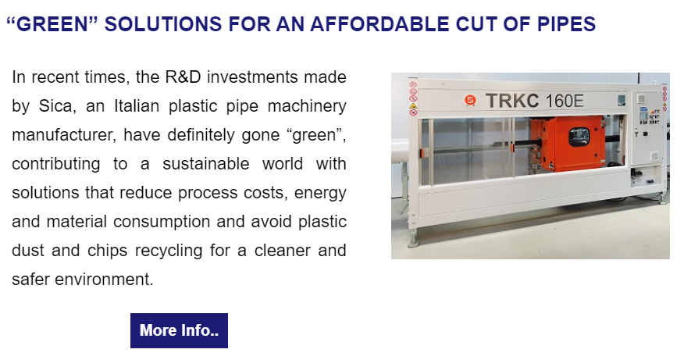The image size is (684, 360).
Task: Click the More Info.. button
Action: point(179,330)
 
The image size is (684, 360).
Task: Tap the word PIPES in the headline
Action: point(566,24)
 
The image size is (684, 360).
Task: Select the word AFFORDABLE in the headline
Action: point(379,24)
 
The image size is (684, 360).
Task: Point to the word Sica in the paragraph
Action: point(55,106)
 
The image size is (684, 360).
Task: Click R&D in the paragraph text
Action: point(183,77)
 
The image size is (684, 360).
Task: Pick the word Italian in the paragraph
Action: point(137,106)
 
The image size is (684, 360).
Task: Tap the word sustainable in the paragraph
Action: point(206,164)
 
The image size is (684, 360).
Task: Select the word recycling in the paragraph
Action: point(169,251)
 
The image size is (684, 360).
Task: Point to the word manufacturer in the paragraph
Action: point(64,135)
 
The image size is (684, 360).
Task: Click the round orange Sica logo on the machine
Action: point(470,101)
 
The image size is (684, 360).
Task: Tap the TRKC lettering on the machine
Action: point(512,101)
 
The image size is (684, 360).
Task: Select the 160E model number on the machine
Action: point(564,102)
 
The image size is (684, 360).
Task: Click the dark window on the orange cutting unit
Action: point(579,137)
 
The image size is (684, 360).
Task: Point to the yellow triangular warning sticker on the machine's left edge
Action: point(413,105)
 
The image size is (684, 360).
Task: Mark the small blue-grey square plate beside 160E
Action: point(622,101)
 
